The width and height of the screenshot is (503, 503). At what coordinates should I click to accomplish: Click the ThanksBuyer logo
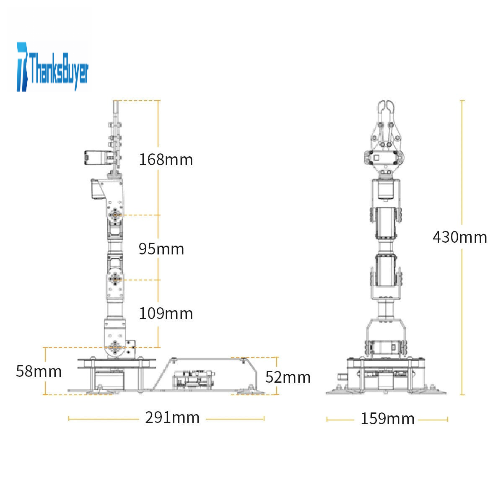pyautogui.click(x=52, y=67)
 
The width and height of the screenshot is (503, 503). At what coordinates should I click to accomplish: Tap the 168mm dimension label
pyautogui.click(x=166, y=159)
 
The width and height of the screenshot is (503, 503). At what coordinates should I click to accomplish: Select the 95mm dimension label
pyautogui.click(x=161, y=249)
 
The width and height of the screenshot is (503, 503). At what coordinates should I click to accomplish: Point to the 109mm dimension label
pyautogui.click(x=166, y=313)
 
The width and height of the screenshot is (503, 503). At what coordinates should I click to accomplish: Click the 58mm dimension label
pyautogui.click(x=39, y=371)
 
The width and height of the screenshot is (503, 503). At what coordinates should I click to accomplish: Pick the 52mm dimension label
pyautogui.click(x=288, y=377)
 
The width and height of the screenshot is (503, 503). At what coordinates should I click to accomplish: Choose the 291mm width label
pyautogui.click(x=172, y=417)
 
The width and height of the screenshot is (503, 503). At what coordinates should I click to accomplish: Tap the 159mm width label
pyautogui.click(x=388, y=419)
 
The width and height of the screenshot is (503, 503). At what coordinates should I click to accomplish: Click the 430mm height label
pyautogui.click(x=460, y=237)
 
